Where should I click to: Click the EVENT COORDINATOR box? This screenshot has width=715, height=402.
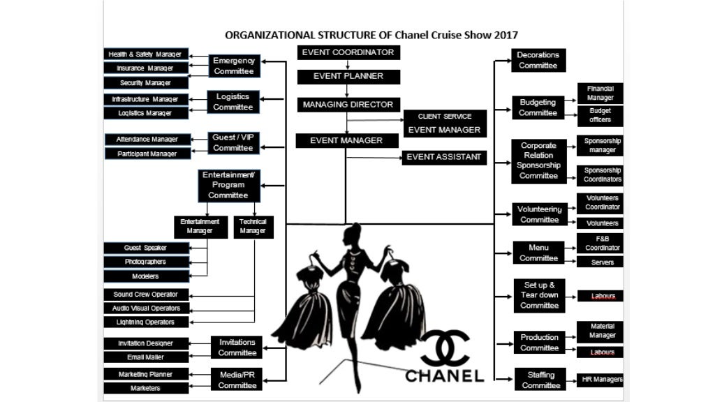point(348,52)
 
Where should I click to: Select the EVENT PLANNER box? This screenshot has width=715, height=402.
point(348,76)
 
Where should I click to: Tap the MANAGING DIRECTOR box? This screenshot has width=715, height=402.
point(348,105)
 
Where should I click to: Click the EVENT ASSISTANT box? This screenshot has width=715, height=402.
point(444,158)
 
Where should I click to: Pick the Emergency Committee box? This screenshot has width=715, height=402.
point(234,66)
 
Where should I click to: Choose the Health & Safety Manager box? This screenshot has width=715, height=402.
point(146,54)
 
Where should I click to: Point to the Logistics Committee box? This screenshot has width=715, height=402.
point(233,102)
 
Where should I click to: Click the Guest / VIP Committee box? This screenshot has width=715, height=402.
point(233,143)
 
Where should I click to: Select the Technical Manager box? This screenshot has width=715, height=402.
point(253,226)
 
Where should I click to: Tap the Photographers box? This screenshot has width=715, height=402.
point(146,262)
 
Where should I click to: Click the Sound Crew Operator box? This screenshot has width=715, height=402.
point(146,295)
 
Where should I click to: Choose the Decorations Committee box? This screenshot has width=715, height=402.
point(538,61)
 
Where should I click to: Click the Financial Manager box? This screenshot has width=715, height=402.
point(600,94)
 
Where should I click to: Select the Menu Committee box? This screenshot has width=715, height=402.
point(538,253)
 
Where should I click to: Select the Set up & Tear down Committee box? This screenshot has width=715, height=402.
point(539,295)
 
